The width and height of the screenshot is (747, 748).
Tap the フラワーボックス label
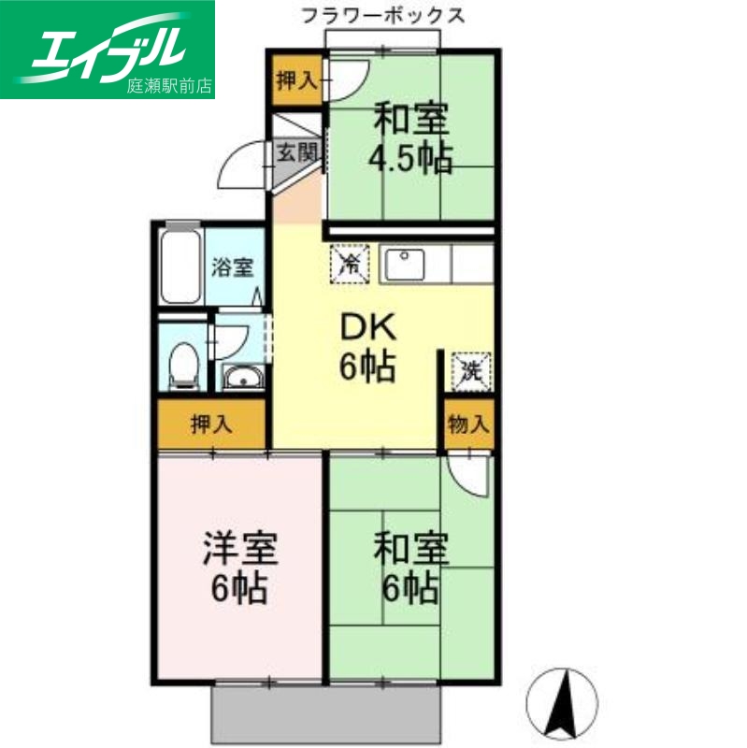[x=382, y=16]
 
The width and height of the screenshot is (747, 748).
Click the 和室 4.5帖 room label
[x=411, y=138]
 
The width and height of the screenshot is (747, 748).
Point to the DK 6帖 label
[x=367, y=347]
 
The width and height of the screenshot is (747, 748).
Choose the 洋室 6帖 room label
[x=240, y=568]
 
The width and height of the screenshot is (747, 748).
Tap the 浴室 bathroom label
[x=232, y=267]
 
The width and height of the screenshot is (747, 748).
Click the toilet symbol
[x=184, y=366]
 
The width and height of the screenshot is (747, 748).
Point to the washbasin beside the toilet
[x=244, y=379]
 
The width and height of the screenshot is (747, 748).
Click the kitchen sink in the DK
[x=405, y=266]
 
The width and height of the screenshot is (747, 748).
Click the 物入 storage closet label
[x=468, y=423]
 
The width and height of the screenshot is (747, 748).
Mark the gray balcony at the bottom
[x=327, y=713]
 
